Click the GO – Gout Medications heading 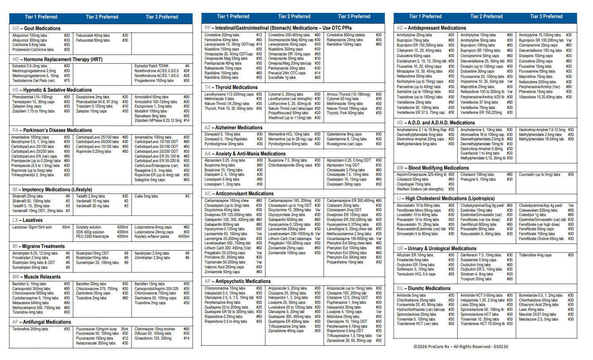(x=36, y=28)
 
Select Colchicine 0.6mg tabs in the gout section (x=29, y=45)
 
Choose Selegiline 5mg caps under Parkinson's (x=150, y=180)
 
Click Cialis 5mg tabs (x=146, y=196)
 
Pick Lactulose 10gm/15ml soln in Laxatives (x=32, y=227)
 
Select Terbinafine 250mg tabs (x=30, y=329)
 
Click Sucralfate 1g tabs (x=282, y=77)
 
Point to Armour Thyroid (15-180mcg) (x=348, y=94)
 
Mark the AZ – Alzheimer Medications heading (x=233, y=128)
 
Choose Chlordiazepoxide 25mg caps (x=290, y=165)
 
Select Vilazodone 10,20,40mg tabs (x=540, y=97)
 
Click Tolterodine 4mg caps (x=535, y=255)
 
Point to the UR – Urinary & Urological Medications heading (x=436, y=248)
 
